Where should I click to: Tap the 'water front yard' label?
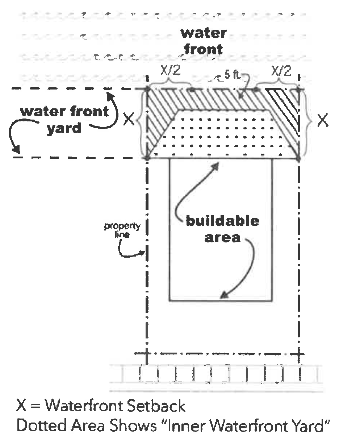point(64,120)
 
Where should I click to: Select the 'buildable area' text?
point(222,229)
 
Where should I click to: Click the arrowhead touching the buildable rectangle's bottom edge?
point(225,295)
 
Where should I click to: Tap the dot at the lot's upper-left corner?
point(147,89)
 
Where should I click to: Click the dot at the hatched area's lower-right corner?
point(298,158)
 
